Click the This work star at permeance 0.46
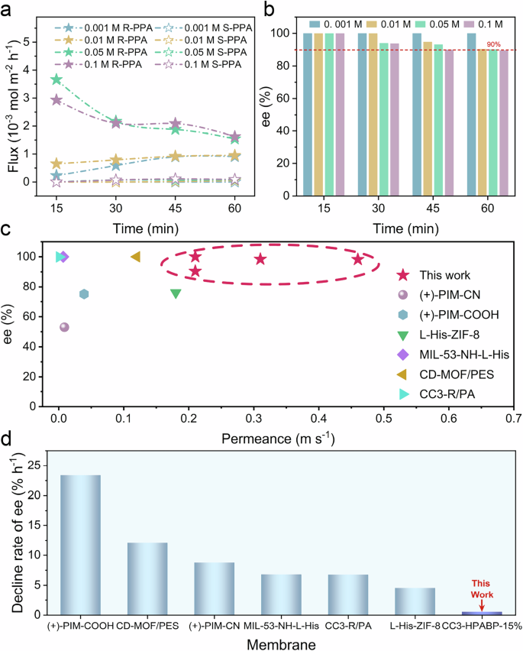pos(357,260)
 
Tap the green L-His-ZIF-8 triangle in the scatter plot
pos(176,294)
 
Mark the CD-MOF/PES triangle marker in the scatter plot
pos(136,257)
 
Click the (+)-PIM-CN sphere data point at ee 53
pos(64,327)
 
